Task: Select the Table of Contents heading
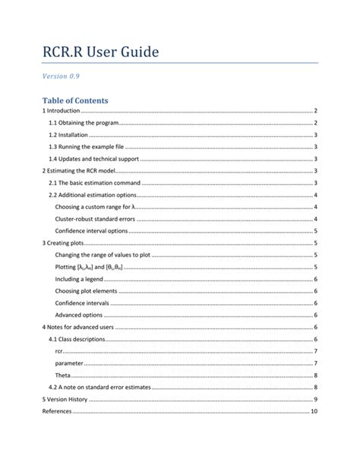(76, 100)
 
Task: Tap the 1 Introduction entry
(61, 111)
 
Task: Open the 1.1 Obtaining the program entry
(83, 123)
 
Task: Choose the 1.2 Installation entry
(68, 135)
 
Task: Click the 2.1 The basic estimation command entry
(95, 182)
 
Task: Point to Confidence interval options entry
(91, 231)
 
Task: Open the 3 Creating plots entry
(63, 243)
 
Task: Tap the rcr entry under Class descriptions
(59, 351)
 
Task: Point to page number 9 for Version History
(315, 399)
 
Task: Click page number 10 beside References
(314, 411)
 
